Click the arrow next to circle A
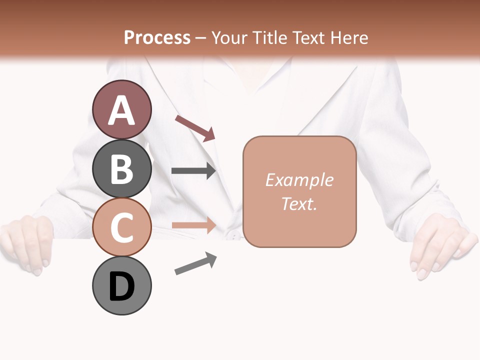point(195,128)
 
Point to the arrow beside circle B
point(193,171)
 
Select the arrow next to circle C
point(193,225)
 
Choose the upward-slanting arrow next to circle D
point(195,263)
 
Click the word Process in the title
point(157,37)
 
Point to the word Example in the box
point(299,180)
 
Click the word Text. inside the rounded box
point(299,203)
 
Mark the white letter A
point(122,111)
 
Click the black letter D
point(122,287)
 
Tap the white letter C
point(122,228)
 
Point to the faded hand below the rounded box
point(440,247)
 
